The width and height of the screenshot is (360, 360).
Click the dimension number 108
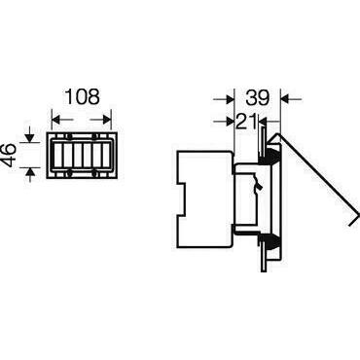point(83,96)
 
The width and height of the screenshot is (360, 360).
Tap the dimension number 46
point(10,156)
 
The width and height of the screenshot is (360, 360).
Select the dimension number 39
point(257,97)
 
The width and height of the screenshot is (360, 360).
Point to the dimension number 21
point(246,122)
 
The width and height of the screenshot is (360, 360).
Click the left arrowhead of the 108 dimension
point(56,120)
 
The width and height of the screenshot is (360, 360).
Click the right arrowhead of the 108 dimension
point(107,120)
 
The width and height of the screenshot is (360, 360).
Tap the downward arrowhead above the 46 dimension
point(29,138)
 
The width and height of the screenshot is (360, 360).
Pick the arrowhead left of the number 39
point(230,98)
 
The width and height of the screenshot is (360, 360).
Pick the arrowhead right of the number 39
point(285,98)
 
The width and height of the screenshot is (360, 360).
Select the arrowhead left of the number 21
point(231,122)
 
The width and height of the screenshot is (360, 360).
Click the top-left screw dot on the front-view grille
point(68,136)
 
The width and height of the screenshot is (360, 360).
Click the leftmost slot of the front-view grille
point(57,155)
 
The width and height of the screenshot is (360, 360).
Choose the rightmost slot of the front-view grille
point(107,155)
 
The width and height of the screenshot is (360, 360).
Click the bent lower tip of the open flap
point(354,219)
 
